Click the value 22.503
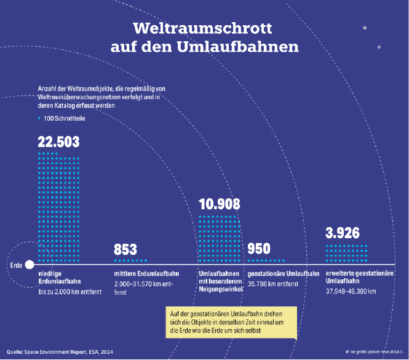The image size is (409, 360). click(x=59, y=142)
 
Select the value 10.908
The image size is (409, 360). click(x=220, y=204)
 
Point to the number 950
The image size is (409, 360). click(x=259, y=249)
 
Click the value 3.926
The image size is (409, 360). click(x=343, y=233)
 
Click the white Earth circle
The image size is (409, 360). click(x=29, y=265)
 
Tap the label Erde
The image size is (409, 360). click(x=16, y=265)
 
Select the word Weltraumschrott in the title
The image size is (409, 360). click(x=203, y=28)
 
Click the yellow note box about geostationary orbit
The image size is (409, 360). click(x=231, y=322)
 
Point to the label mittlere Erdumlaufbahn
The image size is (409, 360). click(x=146, y=273)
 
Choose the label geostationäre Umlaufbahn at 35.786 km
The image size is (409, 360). click(x=283, y=273)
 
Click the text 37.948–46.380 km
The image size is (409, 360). click(x=351, y=291)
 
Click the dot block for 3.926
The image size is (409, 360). click(x=346, y=253)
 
